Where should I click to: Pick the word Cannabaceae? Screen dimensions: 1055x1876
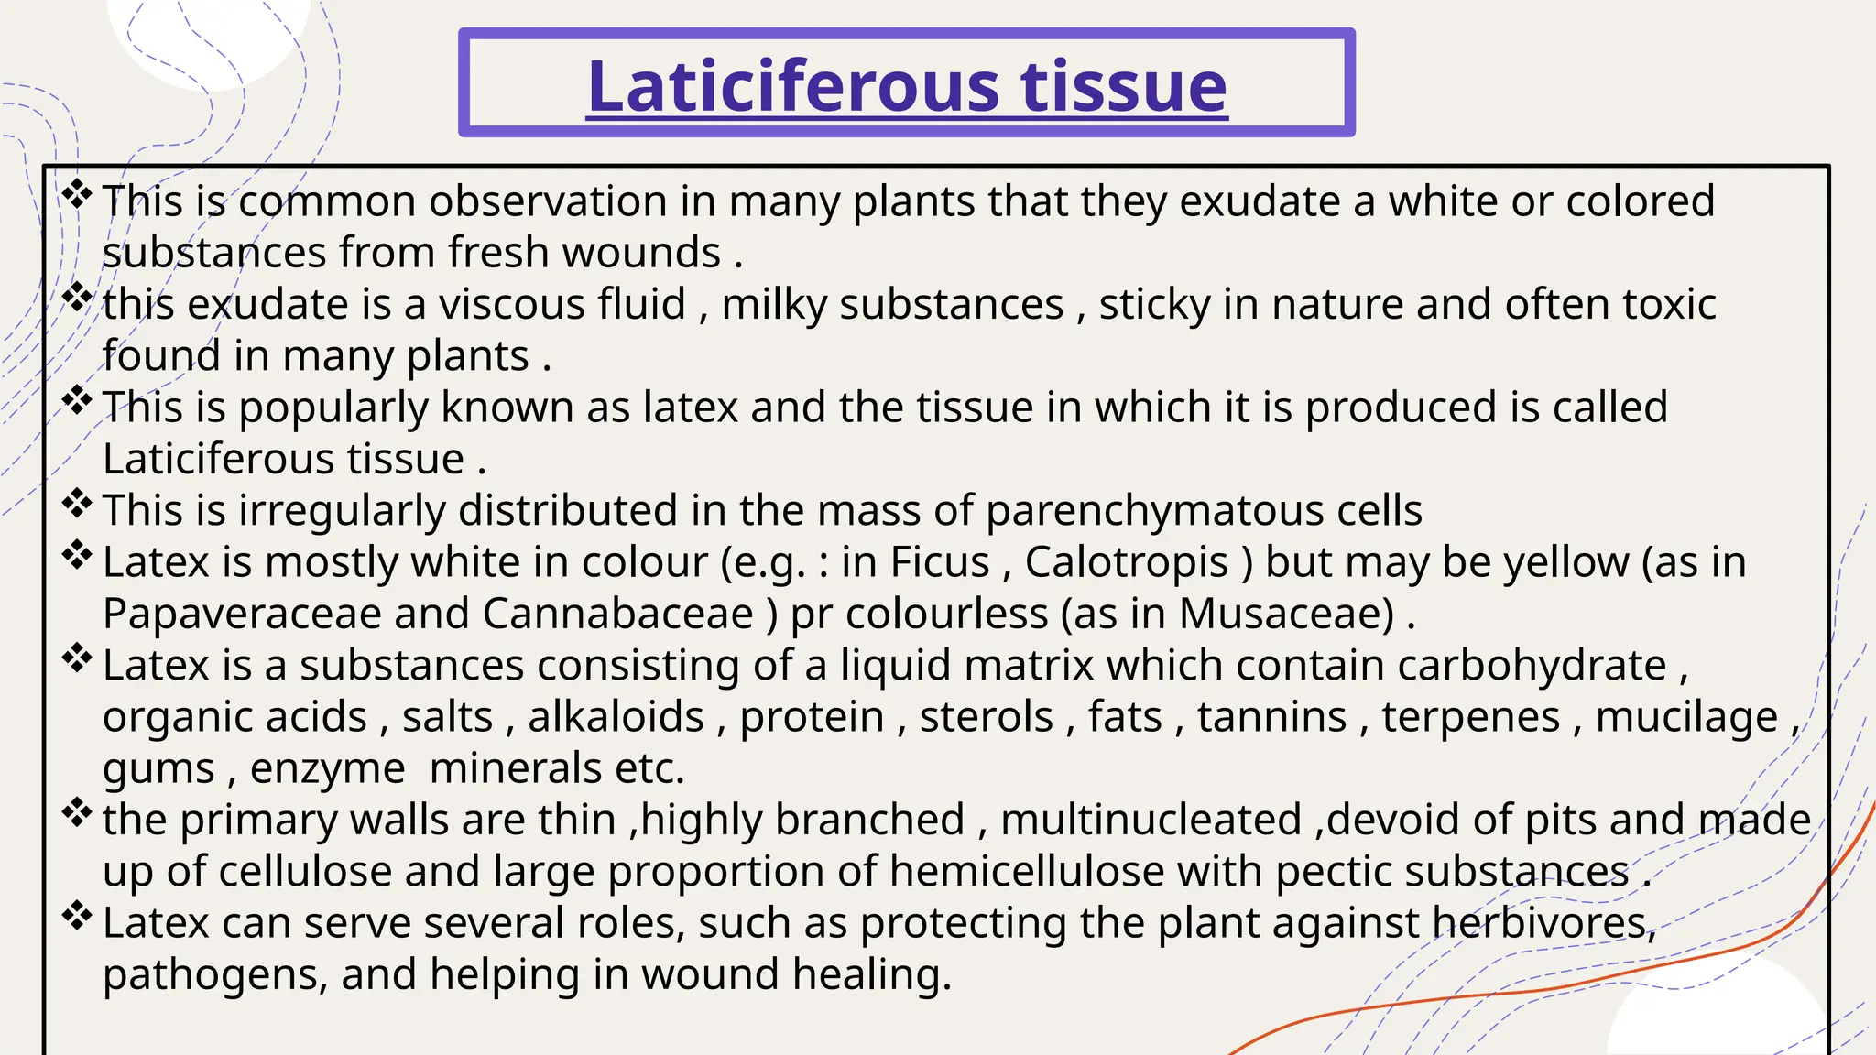click(618, 615)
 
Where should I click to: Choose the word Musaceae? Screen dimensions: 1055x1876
click(1286, 615)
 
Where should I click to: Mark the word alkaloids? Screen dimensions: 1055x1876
click(616, 717)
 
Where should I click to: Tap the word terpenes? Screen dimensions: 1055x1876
click(1471, 717)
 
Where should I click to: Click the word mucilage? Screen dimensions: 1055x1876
click(1686, 717)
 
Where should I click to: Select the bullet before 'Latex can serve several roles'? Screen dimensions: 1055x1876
click(78, 916)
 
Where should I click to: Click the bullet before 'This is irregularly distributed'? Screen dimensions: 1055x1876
click(78, 503)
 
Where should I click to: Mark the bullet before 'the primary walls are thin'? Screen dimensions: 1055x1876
click(78, 812)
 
